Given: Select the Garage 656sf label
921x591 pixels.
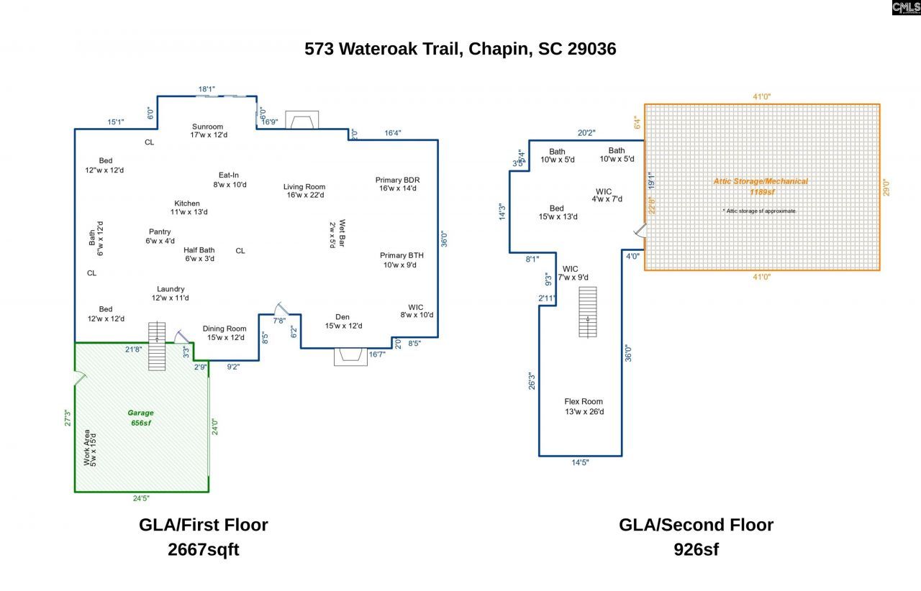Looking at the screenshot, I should tap(140, 418).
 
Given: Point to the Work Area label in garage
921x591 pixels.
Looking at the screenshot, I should tap(90, 447).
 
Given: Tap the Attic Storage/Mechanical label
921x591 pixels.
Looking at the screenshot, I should tap(760, 182).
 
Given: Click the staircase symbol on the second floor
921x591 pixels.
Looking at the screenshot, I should tap(588, 312).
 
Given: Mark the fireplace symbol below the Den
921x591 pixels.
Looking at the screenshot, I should tap(351, 357).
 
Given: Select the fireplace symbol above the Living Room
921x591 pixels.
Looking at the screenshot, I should tap(301, 120).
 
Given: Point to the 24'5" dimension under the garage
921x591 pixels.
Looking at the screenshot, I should tap(141, 498).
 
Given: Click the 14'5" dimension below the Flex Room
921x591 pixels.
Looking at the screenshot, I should tap(580, 462).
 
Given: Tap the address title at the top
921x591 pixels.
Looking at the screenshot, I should tap(460, 49).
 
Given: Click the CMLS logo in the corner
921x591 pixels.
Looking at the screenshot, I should tap(905, 8).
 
